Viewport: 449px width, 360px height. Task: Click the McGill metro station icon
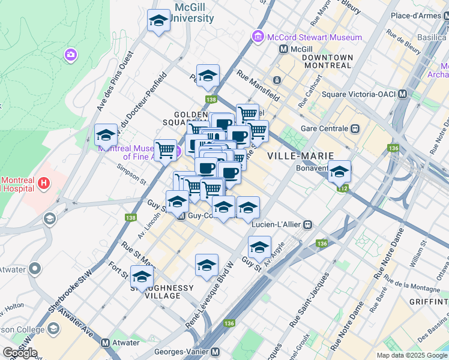[284, 49]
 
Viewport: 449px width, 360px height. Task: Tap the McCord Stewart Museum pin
[259, 37]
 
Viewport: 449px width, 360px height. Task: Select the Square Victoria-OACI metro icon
[402, 94]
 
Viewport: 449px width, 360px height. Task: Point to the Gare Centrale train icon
[355, 128]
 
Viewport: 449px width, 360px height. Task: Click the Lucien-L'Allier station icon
[307, 225]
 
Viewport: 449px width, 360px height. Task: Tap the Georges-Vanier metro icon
[215, 353]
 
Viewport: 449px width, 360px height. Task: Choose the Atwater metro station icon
[106, 343]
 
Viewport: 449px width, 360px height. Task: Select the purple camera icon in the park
[71, 56]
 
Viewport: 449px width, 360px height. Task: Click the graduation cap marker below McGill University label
[159, 22]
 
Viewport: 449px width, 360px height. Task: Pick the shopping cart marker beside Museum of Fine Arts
[165, 149]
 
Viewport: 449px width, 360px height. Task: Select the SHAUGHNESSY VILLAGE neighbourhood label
[163, 292]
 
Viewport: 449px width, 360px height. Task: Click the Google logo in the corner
[20, 353]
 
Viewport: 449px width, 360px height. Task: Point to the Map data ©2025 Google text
[412, 355]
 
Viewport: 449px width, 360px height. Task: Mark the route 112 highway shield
[342, 188]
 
